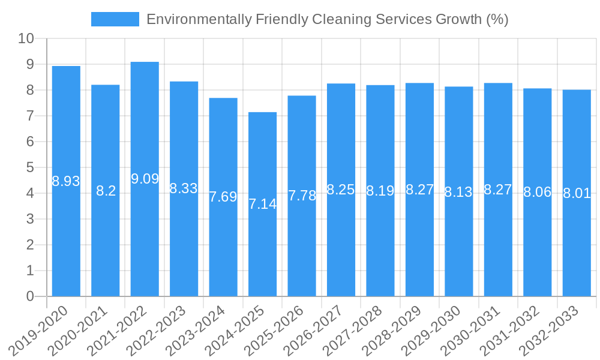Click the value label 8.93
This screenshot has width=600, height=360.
coord(66,181)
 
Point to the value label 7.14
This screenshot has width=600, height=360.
coord(263,204)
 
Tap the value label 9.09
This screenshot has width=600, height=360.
coord(145,179)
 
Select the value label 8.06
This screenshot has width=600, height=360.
coord(537,193)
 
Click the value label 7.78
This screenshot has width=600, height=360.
coord(302,196)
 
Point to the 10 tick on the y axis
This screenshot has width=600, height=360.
coord(26,39)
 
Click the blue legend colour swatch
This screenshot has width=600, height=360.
coord(115,19)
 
